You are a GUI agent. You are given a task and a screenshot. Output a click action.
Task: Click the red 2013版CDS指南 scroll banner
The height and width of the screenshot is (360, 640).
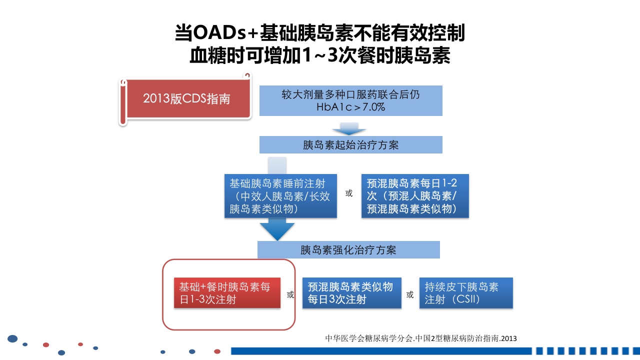click(186, 98)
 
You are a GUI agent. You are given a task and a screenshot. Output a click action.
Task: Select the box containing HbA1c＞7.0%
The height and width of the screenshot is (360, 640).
click(350, 100)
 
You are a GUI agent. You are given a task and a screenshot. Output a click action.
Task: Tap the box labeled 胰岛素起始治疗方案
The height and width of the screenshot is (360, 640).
click(350, 145)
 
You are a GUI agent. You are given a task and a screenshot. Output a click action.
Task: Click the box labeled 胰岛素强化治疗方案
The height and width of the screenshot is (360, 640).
click(348, 249)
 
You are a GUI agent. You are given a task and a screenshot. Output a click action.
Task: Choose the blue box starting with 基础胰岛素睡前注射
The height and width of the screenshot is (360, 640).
click(280, 196)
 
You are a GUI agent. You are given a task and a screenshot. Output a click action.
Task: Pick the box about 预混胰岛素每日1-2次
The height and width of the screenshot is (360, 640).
click(415, 196)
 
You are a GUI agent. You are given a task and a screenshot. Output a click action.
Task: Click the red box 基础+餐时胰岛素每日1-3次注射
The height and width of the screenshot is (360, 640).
click(226, 293)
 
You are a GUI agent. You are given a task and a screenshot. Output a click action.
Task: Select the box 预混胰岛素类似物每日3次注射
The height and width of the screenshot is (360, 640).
click(351, 293)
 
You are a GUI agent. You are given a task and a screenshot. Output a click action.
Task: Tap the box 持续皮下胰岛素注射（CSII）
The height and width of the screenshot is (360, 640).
click(466, 293)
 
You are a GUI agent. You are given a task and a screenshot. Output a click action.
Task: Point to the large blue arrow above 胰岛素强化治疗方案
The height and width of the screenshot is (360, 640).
click(277, 229)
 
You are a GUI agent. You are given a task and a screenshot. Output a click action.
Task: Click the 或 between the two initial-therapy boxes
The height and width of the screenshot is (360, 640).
click(349, 193)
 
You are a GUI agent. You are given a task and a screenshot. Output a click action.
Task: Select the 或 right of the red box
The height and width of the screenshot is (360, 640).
click(290, 295)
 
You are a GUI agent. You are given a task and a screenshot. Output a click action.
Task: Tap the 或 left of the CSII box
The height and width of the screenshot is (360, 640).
click(410, 295)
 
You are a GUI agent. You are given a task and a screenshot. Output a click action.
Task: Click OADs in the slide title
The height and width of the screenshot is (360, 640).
click(220, 33)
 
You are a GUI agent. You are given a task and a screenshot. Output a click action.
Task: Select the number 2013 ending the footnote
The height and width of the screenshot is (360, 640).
click(508, 338)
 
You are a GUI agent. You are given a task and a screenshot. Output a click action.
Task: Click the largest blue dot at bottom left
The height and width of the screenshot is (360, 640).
click(12, 339)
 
